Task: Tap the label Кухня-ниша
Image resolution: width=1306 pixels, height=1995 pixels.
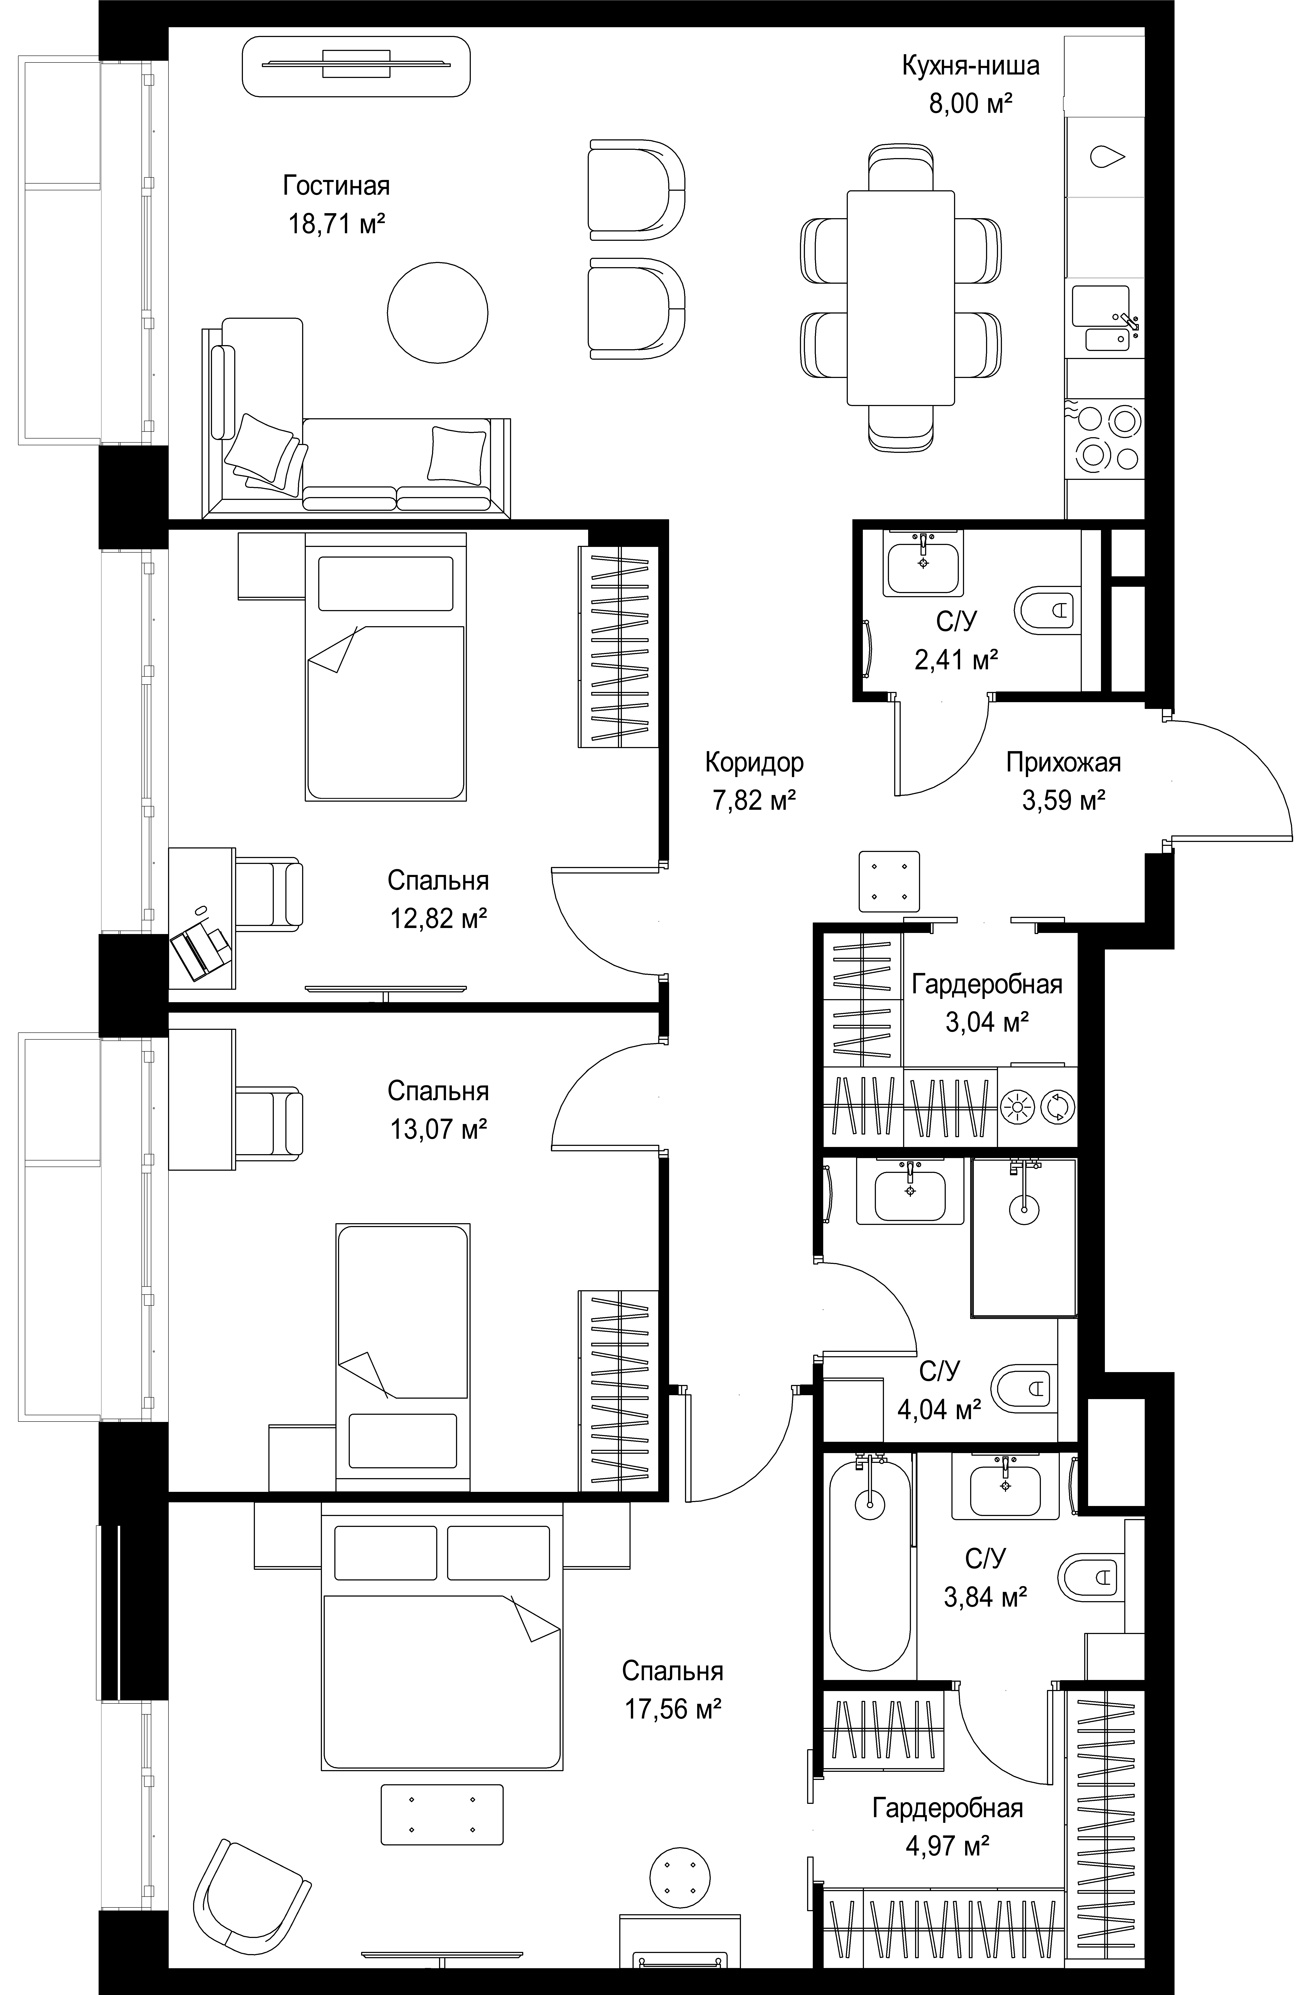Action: tap(971, 65)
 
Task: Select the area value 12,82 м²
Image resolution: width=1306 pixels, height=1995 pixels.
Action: tap(438, 919)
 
